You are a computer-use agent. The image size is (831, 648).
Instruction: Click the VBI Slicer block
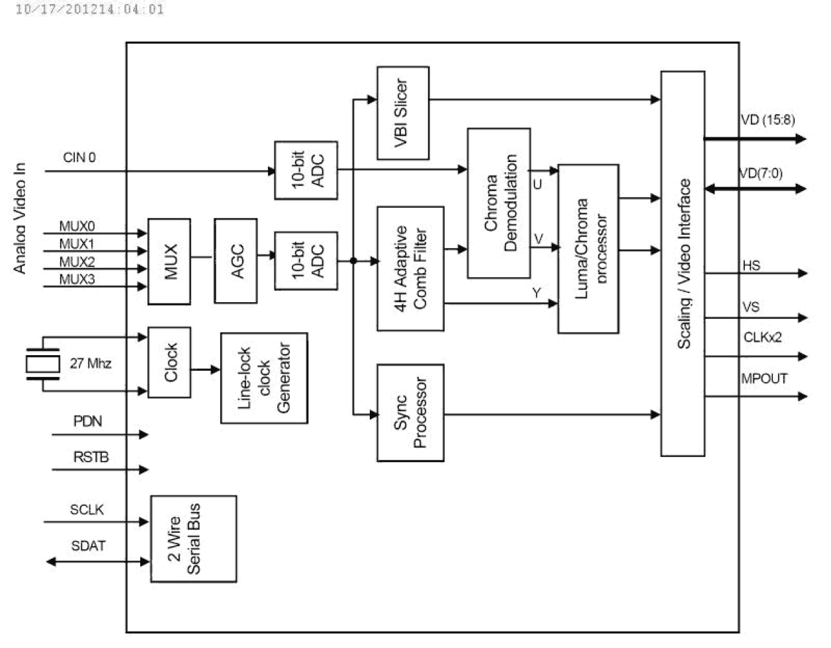[402, 113]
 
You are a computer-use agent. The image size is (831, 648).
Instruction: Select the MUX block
[169, 261]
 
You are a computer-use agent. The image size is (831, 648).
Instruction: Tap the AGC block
[236, 261]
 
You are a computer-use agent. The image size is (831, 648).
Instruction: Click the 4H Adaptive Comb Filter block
[410, 268]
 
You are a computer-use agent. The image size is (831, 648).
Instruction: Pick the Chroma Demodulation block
[498, 203]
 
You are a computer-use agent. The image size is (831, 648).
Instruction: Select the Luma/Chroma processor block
[588, 249]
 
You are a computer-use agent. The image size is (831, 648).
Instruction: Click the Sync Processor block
[410, 413]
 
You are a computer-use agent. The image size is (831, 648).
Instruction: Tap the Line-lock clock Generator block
[264, 378]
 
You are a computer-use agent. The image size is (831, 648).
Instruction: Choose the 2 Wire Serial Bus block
[193, 539]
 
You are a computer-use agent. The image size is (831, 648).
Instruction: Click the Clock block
[169, 362]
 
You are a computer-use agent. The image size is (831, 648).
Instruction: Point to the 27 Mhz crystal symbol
[42, 364]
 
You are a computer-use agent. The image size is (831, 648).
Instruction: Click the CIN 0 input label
[79, 157]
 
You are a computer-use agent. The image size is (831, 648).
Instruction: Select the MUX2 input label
[77, 262]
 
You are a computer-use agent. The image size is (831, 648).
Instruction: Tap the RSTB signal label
[91, 457]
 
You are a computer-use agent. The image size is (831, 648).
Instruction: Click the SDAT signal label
[89, 546]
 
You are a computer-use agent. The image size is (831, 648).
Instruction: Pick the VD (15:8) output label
[767, 120]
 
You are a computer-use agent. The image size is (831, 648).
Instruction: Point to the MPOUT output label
[764, 378]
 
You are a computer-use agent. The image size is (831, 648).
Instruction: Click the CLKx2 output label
[762, 337]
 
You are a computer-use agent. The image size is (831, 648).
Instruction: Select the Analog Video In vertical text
[20, 218]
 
